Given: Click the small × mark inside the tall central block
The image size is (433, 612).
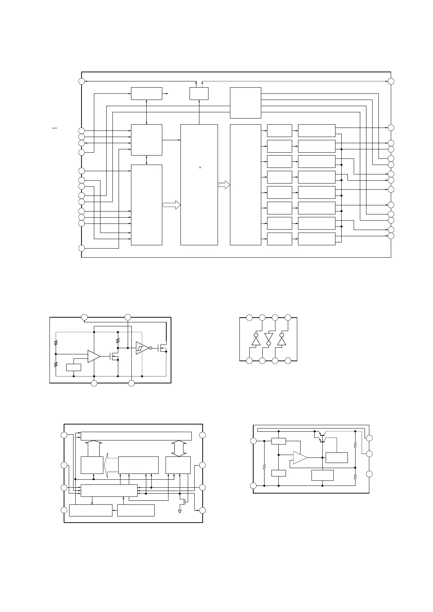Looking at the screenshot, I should (x=200, y=168).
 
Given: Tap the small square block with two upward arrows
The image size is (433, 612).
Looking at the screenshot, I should (x=199, y=93).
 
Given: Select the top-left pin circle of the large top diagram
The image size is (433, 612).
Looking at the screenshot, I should (x=82, y=81).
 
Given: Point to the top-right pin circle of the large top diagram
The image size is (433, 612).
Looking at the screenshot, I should (x=391, y=81).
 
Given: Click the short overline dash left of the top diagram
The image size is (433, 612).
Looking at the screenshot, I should (x=55, y=128).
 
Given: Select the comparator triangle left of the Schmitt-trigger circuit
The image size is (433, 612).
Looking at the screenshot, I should (x=94, y=357).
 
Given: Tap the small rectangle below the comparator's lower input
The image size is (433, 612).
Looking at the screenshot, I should (x=74, y=367).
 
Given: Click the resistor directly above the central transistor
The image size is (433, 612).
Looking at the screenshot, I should (x=118, y=341).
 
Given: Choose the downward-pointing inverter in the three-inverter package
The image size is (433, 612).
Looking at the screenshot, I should (x=269, y=338).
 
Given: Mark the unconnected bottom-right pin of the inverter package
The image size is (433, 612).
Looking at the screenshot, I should (x=288, y=361).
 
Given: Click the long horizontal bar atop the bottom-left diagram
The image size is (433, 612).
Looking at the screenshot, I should (x=136, y=436).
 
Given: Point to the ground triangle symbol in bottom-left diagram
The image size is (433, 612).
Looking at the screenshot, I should (x=180, y=511).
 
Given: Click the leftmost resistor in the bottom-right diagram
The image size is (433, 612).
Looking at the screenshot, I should (x=265, y=466).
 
